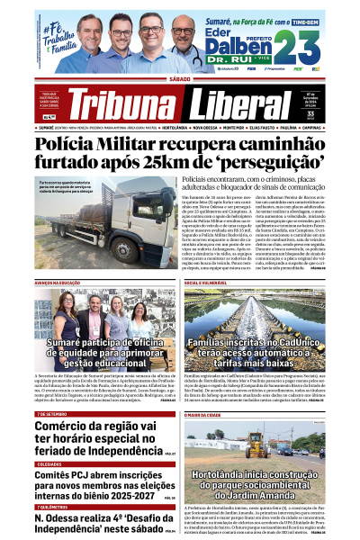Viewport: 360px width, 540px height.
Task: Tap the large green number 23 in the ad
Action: click(299, 45)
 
